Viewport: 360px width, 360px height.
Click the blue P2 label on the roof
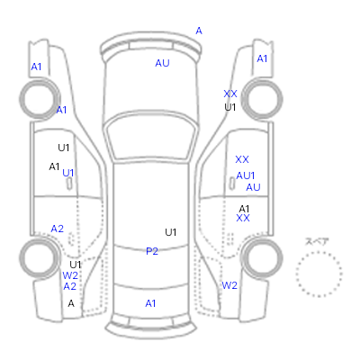pyautogui.click(x=152, y=251)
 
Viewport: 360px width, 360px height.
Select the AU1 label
pyautogui.click(x=246, y=175)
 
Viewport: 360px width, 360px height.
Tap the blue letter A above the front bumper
pyautogui.click(x=199, y=31)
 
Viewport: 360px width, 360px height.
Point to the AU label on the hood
pyautogui.click(x=162, y=63)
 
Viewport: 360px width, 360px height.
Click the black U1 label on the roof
pyautogui.click(x=170, y=232)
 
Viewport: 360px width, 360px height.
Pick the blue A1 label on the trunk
pyautogui.click(x=150, y=303)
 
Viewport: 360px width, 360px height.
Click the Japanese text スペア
pyautogui.click(x=317, y=241)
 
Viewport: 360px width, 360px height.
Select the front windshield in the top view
pyautogui.click(x=152, y=137)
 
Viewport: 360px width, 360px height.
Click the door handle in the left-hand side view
pyautogui.click(x=69, y=184)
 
